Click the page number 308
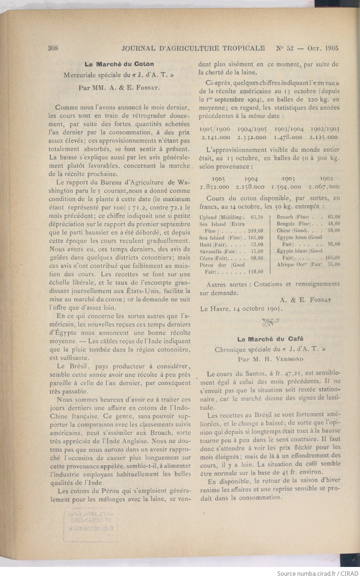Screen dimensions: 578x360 [x=53, y=48]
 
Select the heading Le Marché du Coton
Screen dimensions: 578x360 [x=119, y=64]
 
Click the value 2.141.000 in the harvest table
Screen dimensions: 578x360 [x=216, y=137]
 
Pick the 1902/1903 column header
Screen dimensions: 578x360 [x=325, y=129]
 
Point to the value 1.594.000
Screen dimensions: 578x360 [x=287, y=187]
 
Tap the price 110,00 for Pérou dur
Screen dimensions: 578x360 [x=255, y=272]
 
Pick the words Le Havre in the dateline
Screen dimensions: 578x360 [x=214, y=308]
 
